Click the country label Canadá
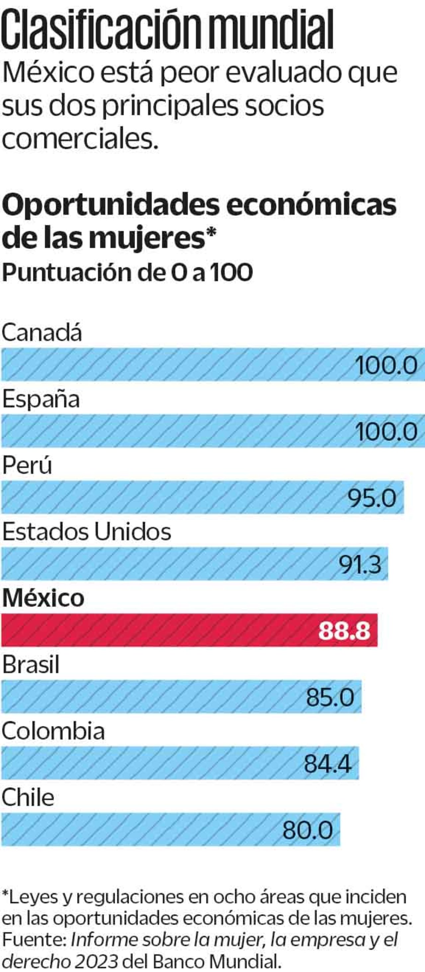[42, 333]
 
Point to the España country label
[41, 399]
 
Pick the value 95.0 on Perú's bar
[372, 498]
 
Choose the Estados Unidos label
[87, 532]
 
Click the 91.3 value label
[360, 565]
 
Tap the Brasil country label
[31, 665]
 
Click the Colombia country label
[53, 731]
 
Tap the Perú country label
[27, 466]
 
